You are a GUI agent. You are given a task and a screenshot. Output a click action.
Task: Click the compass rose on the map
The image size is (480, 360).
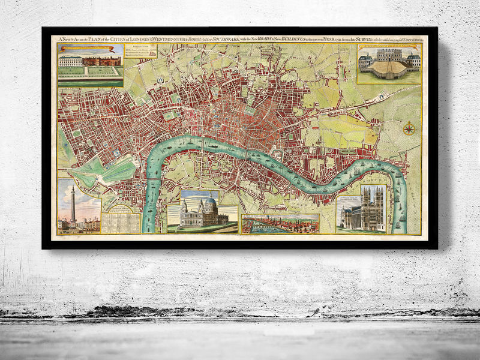[409, 128]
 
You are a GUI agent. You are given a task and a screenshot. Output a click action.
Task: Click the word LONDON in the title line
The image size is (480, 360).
[144, 40]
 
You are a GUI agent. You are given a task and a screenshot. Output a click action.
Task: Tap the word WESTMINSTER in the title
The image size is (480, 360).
[172, 40]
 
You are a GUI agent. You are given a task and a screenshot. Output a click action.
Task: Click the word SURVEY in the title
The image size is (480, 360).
[367, 40]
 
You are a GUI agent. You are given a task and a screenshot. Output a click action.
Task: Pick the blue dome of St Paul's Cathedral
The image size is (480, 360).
[209, 206]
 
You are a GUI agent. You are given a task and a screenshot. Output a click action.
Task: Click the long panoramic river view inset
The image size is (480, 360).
[280, 224]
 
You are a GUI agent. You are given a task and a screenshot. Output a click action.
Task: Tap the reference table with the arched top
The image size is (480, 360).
[120, 217]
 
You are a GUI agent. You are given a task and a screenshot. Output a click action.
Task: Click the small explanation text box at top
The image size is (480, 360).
[141, 55]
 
